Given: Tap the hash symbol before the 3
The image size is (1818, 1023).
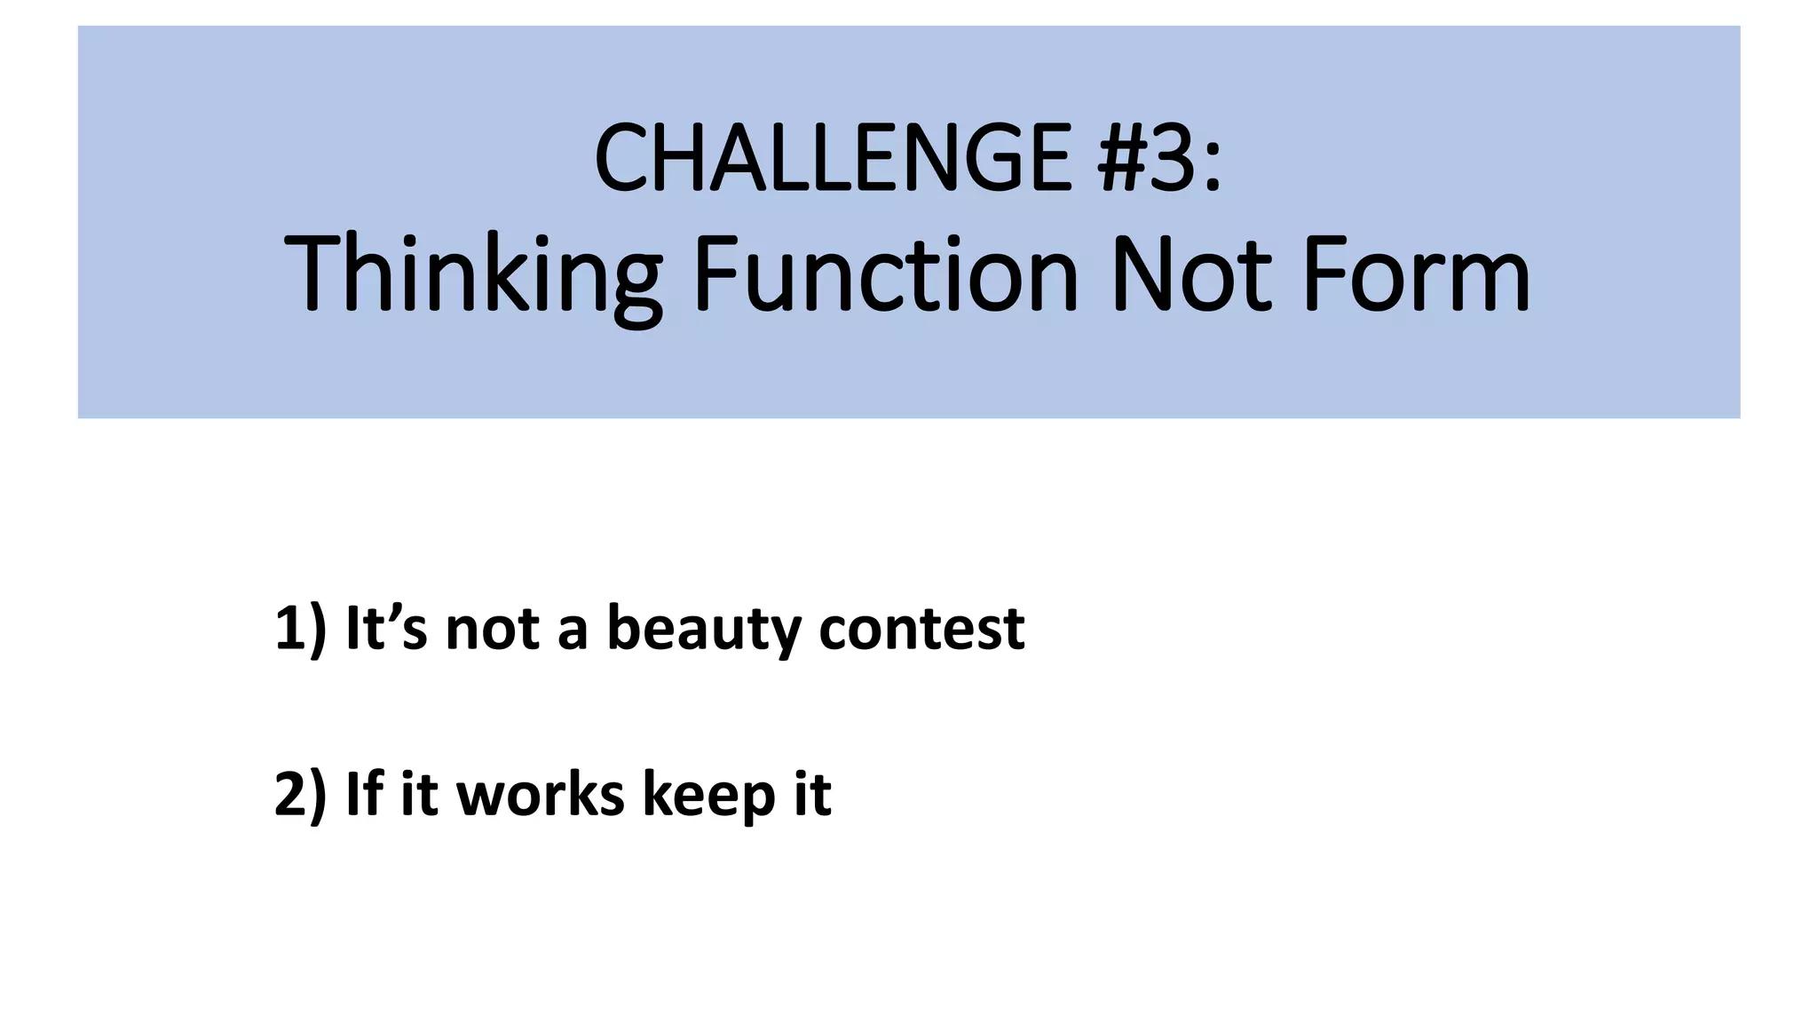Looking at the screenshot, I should tap(1125, 159).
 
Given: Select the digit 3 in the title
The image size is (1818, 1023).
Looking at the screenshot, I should tap(1177, 159).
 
